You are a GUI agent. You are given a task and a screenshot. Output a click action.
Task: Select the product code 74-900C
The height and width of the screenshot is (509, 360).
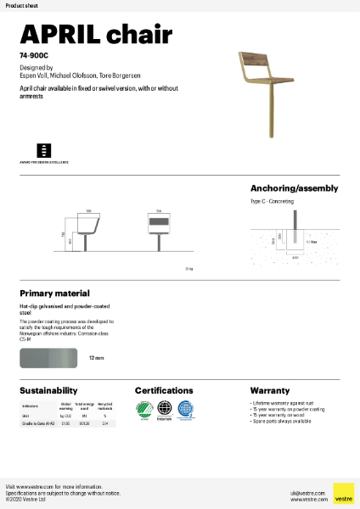pos(32,55)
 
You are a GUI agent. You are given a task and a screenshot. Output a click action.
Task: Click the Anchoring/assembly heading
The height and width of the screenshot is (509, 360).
pos(294,188)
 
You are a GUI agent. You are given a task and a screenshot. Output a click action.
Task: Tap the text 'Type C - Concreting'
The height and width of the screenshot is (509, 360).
pos(273,203)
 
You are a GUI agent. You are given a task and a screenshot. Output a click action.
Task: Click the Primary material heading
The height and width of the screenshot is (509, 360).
pos(54,292)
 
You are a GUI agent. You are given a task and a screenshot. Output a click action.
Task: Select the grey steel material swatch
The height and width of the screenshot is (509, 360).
pos(49,358)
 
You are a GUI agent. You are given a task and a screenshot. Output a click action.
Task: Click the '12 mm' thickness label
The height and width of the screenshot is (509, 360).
pos(96,359)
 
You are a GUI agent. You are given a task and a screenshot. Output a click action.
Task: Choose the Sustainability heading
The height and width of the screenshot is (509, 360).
pos(48,390)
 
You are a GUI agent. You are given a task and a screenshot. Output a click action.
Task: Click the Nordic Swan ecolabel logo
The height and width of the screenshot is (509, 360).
pos(143,409)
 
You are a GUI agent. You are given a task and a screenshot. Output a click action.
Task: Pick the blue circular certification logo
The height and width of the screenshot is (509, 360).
pos(185,409)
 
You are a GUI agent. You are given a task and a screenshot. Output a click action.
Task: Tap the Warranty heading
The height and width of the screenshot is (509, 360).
pos(270,390)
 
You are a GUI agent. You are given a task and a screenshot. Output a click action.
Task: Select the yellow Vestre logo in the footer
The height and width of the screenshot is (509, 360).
pos(343,493)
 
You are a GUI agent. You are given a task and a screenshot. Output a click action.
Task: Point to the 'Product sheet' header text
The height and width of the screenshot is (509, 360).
pos(18,6)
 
